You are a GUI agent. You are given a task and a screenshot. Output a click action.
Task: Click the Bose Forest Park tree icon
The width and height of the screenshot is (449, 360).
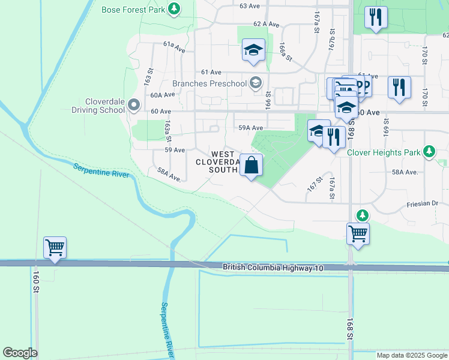point(173,9)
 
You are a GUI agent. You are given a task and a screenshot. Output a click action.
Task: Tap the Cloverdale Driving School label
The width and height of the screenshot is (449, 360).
point(97,106)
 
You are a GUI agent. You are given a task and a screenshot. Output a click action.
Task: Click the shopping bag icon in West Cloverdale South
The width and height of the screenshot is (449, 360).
point(252,165)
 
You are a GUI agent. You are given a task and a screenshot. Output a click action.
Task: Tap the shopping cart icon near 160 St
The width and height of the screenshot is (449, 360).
point(55,247)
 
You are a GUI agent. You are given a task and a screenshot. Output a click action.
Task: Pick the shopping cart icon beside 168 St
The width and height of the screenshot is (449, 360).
point(358,233)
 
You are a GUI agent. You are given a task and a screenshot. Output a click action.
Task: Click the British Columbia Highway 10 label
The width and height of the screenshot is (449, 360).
point(273,268)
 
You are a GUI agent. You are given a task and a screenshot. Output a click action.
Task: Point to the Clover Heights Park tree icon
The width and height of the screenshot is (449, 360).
point(429,152)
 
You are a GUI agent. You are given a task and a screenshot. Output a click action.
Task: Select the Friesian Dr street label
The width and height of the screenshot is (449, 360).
point(427,203)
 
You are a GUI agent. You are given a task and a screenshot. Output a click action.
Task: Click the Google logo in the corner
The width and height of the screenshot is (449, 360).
point(20,353)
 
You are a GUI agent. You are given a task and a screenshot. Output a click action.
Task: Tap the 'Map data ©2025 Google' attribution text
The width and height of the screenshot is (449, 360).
point(411,355)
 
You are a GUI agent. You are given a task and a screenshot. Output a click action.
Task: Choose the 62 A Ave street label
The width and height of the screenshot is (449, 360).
point(267,25)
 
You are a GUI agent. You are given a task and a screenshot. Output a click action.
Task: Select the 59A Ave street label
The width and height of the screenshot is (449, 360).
point(251,128)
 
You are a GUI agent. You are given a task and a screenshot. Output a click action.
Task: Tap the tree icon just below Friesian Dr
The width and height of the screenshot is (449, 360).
point(362,215)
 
